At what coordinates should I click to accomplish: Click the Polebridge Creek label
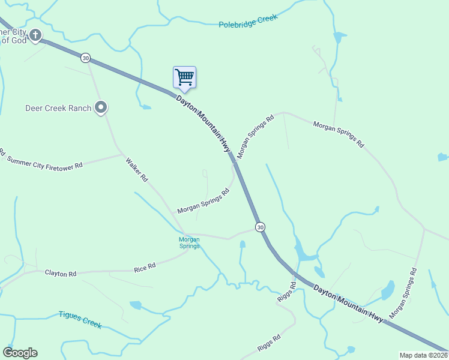coord(248,22)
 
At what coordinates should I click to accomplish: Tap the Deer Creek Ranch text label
coord(58,109)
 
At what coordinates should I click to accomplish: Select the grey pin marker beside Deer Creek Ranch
coord(101,107)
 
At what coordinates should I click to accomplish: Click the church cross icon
coord(36,35)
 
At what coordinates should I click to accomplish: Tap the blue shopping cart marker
coord(184,77)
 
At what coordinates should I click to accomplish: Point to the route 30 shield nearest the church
coord(86,58)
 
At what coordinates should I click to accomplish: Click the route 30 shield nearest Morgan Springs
coord(259,227)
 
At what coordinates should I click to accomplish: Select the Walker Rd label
coord(136,169)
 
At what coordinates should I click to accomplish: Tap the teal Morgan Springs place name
coord(189,242)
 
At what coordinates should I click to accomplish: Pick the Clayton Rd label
coord(61,274)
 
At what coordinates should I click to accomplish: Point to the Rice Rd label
coord(145,265)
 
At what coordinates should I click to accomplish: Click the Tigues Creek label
coord(80,319)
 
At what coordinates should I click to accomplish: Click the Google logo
coord(20,353)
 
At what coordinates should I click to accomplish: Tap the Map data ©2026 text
coord(423,355)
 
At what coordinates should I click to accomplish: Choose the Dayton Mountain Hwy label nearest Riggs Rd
coord(348,302)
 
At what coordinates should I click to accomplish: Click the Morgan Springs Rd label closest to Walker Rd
coord(203,202)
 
